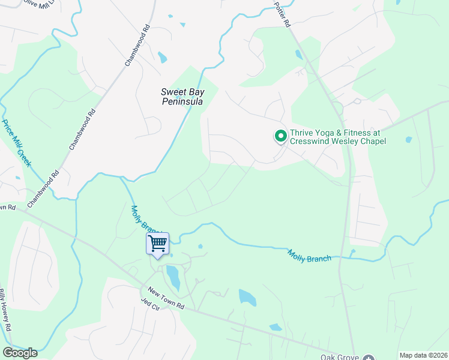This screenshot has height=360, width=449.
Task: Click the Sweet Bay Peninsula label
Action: click(182, 97)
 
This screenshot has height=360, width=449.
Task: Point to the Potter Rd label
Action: click(282, 14)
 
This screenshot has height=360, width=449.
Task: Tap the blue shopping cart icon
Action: click(157, 244)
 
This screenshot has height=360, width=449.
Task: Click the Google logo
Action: click(20, 352)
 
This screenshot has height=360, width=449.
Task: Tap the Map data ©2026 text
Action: click(423, 355)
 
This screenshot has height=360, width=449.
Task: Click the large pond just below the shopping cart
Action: click(173, 277)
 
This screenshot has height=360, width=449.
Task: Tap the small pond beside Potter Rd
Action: click(299, 55)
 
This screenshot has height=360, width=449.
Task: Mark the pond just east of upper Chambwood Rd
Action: click(162, 58)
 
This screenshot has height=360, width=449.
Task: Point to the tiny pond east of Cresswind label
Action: click(408, 140)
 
